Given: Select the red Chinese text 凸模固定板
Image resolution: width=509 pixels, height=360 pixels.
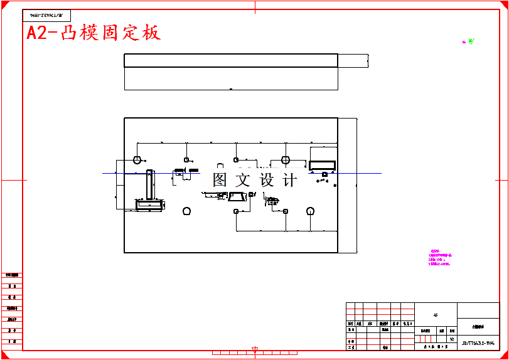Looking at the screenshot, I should click(110, 33).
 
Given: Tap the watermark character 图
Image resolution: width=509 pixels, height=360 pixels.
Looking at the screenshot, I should click(220, 180).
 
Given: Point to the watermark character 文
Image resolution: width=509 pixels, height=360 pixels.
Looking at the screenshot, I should click(242, 180).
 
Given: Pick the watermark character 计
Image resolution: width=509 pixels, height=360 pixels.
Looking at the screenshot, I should click(290, 180).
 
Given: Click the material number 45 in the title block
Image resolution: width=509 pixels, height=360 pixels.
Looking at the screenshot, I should click(436, 315).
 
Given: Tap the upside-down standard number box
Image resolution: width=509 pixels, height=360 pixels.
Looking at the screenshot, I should click(47, 16).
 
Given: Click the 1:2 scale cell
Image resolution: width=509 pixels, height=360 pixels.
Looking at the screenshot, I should click(451, 338).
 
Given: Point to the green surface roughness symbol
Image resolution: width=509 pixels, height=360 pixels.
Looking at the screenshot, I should click(471, 41).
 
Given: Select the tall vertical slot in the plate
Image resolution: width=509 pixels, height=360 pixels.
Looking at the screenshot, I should click(149, 184).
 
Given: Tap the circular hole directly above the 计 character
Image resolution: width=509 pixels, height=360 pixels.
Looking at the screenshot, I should click(286, 160).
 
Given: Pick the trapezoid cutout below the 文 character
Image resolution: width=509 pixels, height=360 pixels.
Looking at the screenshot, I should click(237, 197).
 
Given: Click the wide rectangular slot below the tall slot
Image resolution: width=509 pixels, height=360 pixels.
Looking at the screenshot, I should click(150, 204).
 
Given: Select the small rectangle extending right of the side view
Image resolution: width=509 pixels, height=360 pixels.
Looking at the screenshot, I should click(353, 61).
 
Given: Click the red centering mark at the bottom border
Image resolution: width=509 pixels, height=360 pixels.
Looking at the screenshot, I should click(255, 349).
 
